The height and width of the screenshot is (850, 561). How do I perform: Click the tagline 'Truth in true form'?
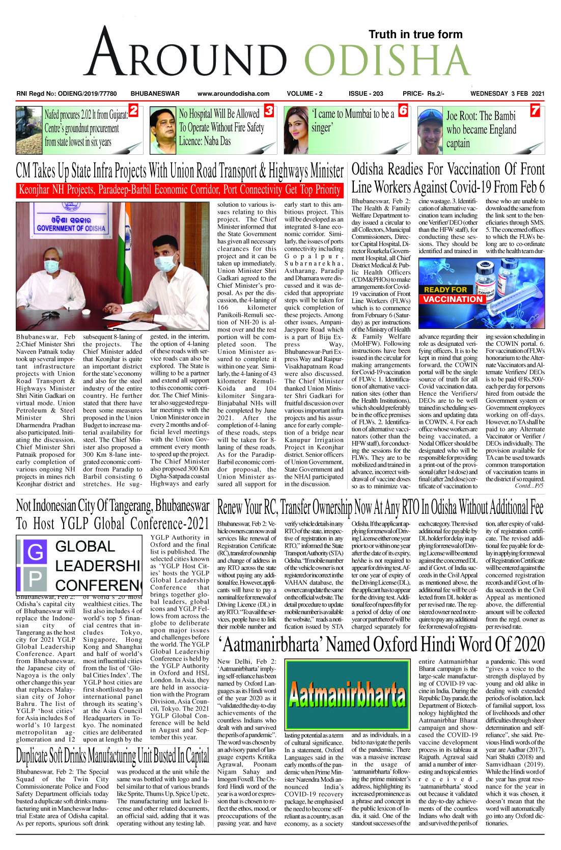[415, 35]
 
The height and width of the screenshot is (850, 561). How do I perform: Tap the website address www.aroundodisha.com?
[233, 94]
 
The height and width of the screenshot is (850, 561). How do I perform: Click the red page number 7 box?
[535, 110]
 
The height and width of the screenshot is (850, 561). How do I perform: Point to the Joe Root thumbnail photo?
[430, 130]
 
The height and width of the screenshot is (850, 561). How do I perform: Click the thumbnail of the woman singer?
[296, 130]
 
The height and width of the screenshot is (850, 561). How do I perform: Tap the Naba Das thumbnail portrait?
[162, 130]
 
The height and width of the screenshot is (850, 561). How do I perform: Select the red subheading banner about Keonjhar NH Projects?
[179, 190]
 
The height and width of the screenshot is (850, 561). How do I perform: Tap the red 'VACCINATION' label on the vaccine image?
[453, 299]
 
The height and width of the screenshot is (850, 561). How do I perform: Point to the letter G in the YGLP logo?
[35, 552]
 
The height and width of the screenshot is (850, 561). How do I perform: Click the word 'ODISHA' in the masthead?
[388, 63]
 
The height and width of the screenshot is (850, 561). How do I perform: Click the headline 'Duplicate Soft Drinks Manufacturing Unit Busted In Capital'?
[113, 755]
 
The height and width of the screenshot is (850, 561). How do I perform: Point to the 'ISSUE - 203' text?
[366, 94]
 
